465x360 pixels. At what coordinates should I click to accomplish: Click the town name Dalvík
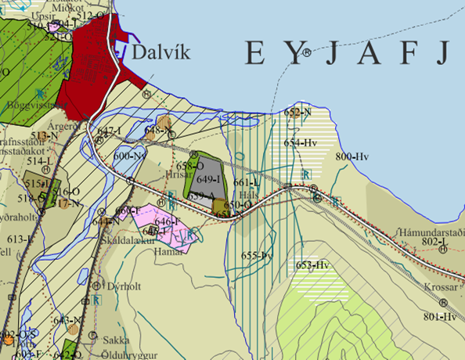[162, 52]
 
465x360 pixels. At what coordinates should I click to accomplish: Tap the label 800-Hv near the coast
[351, 157]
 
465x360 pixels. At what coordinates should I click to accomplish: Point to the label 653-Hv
[312, 265]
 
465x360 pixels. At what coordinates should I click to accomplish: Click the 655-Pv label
[255, 255]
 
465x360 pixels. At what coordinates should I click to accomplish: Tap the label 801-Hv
[439, 316]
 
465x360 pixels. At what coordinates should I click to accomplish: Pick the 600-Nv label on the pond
[131, 156]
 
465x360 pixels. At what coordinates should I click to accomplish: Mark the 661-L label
[247, 182]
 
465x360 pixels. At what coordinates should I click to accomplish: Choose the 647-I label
[110, 131]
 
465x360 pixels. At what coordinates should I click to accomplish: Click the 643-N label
[67, 319]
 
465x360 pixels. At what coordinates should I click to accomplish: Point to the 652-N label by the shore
[297, 113]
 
